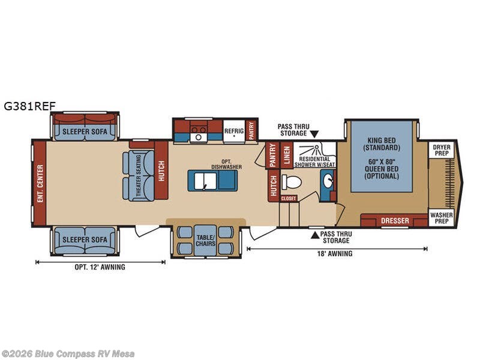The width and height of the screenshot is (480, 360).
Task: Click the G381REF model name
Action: click(29, 106)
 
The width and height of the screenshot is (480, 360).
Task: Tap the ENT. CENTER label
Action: click(40, 183)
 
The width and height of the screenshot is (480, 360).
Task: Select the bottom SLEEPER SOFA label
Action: click(84, 240)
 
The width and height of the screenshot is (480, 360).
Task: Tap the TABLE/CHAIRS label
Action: click(202, 240)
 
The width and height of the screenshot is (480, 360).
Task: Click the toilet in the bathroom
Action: click(292, 183)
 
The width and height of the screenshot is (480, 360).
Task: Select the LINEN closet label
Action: click(287, 155)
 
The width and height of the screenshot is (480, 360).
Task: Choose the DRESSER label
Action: click(395, 221)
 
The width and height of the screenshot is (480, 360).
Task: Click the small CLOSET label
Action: click(289, 198)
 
